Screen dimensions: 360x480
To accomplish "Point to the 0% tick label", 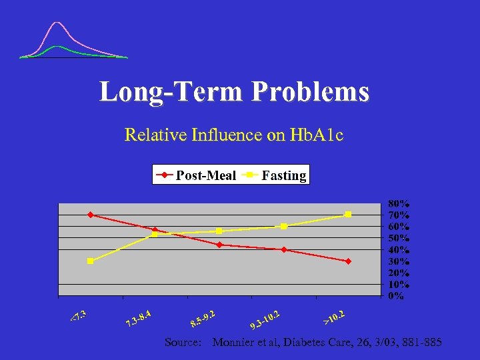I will point(396,296).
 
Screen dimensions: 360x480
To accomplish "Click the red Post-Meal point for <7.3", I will point(90,215).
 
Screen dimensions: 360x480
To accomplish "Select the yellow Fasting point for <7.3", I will point(90,261).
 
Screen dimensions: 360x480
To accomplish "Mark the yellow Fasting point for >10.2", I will point(348,215).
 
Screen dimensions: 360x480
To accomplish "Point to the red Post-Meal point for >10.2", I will point(348,261).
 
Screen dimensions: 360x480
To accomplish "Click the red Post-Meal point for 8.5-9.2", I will point(219,245).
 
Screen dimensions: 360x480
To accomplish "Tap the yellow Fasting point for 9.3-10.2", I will point(284,227).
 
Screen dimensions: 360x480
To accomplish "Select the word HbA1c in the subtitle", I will point(318,135).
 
